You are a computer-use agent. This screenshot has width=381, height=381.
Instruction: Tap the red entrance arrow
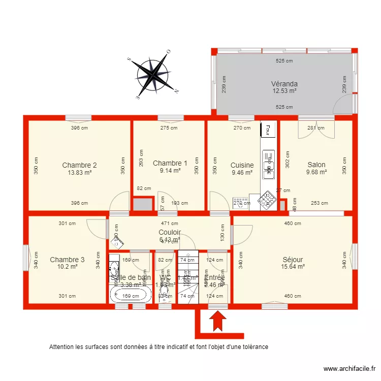point(218,322)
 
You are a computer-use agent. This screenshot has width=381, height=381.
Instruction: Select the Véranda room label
point(284,84)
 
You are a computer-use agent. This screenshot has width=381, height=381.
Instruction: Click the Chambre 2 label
point(79,165)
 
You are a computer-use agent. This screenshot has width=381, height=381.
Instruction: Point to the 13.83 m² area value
point(79,172)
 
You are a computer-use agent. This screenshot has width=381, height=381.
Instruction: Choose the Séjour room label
point(294,259)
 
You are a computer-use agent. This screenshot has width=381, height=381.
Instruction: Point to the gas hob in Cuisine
point(266,201)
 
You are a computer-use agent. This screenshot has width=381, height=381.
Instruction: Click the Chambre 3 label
point(67,260)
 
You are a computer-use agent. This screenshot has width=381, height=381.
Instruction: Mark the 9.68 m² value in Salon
point(316,172)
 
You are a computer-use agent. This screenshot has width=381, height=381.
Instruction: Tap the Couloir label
point(170,232)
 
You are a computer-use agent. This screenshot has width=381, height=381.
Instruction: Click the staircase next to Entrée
point(187,277)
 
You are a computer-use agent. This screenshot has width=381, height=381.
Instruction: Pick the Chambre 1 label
point(170,163)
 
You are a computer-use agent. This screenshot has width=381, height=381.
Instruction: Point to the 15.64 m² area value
point(294,266)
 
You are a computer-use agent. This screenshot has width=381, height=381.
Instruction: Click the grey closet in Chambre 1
point(143,205)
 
